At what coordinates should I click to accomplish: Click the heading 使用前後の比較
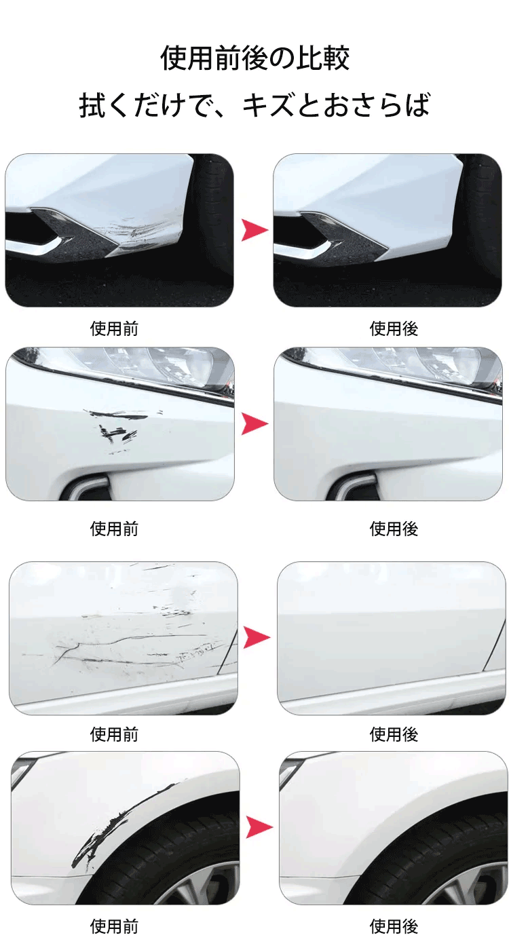pos(255,58)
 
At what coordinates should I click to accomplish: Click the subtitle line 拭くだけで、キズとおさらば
pos(255,104)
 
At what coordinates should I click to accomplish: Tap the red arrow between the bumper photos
pos(254,230)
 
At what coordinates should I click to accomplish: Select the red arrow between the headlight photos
pos(254,423)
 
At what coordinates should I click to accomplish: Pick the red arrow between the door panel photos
pos(257,637)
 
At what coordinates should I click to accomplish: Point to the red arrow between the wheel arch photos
pos(259,826)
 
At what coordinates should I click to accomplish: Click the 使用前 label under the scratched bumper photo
pos(114,328)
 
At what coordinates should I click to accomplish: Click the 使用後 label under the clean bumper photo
pos(394,328)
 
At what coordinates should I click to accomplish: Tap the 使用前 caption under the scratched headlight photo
pos(114,529)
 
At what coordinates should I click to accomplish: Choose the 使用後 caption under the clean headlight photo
pos(394,529)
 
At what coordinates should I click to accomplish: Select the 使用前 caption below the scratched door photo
pos(114,734)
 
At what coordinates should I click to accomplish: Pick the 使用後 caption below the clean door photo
pos(394,734)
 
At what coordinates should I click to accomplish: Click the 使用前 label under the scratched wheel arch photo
pos(114,927)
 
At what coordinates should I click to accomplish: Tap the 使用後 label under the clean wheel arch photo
pos(394,927)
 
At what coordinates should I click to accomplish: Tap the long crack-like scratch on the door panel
pos(128,648)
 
